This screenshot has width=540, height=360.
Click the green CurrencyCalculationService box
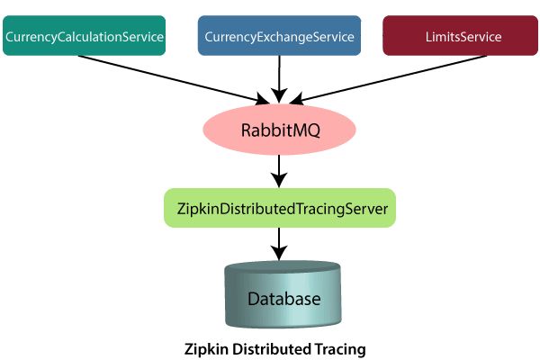tap(85, 36)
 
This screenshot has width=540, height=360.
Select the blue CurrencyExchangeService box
tap(279, 36)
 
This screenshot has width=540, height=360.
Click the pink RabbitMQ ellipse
tap(281, 129)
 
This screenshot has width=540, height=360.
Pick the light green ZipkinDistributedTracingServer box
tap(280, 208)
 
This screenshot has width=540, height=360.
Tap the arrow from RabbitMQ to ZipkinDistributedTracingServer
tap(281, 168)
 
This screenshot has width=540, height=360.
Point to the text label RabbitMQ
tap(281, 129)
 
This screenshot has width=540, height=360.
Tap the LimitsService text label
tap(460, 37)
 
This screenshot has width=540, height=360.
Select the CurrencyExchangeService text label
tap(279, 37)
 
